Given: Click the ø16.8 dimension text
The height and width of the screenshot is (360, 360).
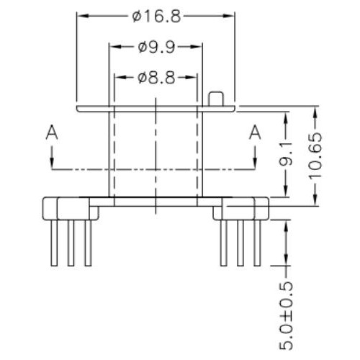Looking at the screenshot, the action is point(156,17).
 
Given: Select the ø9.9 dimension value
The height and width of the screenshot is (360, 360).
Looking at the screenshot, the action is point(156,47).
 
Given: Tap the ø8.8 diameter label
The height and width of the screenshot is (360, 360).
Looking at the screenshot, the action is point(156,78).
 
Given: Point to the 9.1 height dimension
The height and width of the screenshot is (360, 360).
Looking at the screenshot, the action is point(286,154).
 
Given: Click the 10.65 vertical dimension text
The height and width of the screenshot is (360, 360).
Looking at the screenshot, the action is point(315,156).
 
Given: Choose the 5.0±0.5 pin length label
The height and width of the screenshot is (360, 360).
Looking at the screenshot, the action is point(286,316).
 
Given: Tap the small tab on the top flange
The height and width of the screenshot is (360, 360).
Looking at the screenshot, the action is point(216,99).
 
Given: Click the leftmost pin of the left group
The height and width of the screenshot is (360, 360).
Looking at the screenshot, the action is point(54,243).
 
